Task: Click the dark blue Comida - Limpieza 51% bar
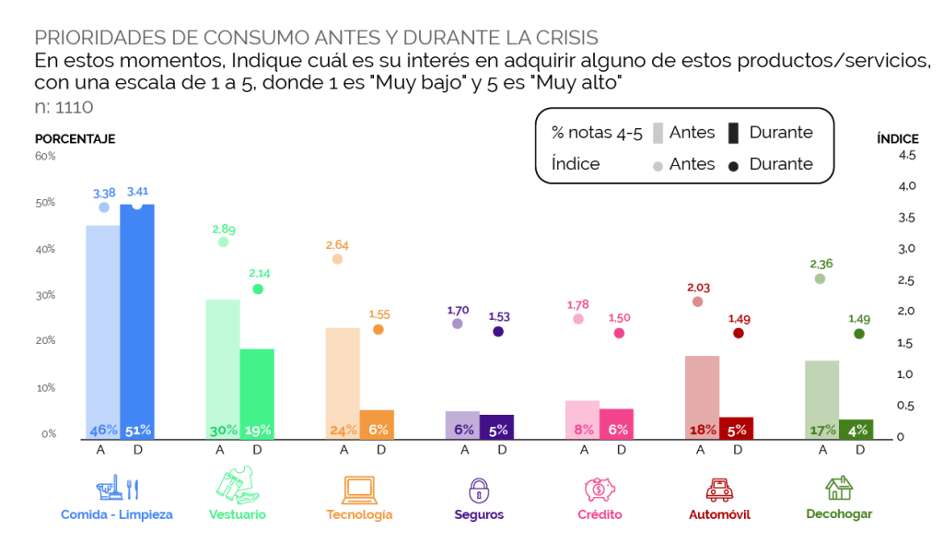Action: (x=137, y=322)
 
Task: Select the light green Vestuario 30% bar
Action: (x=223, y=370)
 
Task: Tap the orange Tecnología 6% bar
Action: (x=377, y=425)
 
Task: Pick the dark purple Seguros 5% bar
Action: (x=496, y=428)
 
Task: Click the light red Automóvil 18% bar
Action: (x=703, y=398)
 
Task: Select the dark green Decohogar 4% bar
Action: (x=856, y=430)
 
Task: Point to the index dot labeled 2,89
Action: (x=223, y=242)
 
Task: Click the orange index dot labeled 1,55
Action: (x=378, y=329)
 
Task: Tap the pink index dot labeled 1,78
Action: (x=578, y=319)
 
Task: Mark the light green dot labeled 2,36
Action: (x=820, y=278)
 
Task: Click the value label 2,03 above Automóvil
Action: (x=699, y=288)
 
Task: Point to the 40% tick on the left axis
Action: (x=45, y=249)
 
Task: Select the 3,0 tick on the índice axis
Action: (x=907, y=249)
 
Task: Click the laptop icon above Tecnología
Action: (x=360, y=490)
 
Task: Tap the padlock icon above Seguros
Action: (x=479, y=490)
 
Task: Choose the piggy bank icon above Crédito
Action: (x=600, y=490)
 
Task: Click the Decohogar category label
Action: (x=839, y=514)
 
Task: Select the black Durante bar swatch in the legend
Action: (x=733, y=133)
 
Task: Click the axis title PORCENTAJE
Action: (x=76, y=139)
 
